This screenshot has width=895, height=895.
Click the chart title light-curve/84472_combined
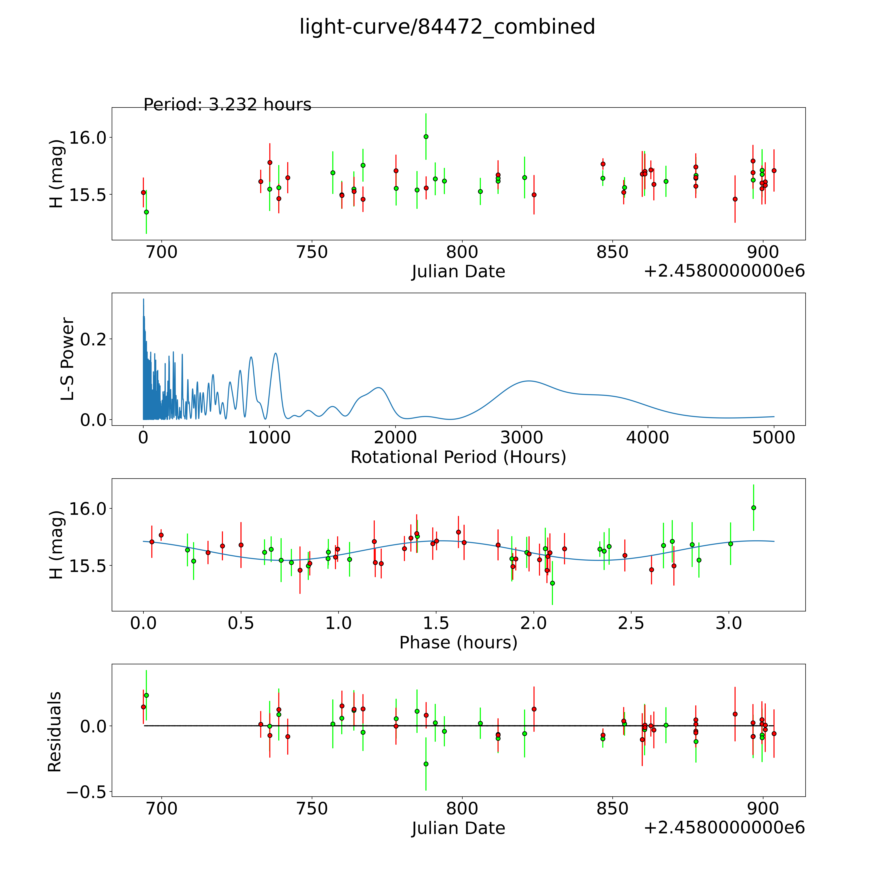447,27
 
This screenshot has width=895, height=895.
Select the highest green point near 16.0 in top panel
426,137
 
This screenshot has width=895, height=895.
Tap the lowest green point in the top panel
146,212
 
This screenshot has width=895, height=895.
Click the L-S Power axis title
68,359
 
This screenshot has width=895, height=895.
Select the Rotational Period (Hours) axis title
458,457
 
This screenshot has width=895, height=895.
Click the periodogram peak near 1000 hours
276,354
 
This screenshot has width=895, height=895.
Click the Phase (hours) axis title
458,643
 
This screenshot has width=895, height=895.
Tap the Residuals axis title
55,732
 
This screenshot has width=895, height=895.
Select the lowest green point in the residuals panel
426,764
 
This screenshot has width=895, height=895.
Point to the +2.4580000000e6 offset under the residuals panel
724,827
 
